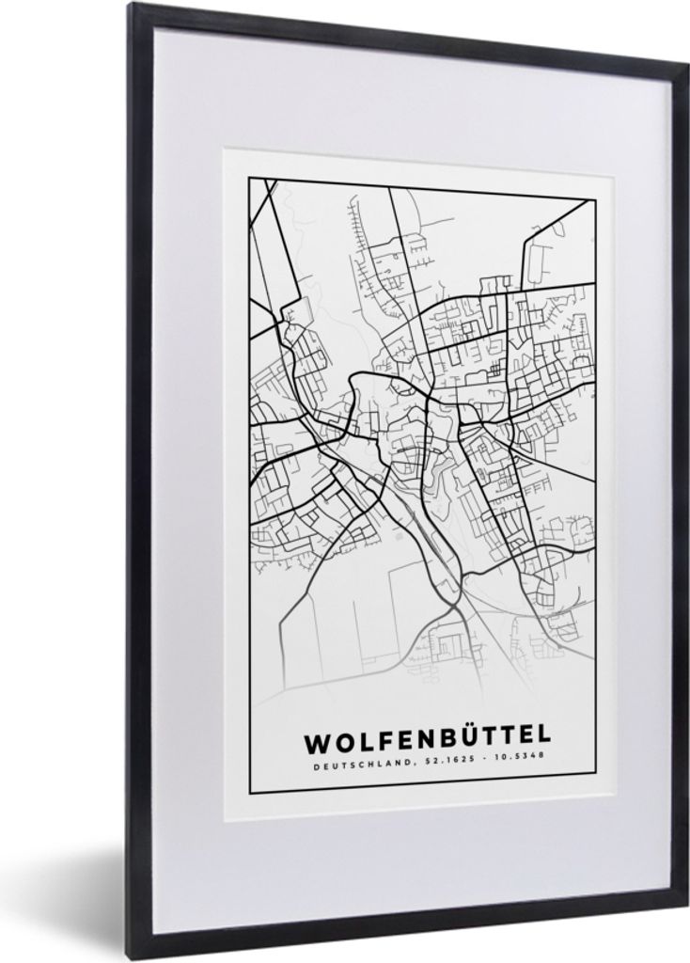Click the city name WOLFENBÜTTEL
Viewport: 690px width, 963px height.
(428, 741)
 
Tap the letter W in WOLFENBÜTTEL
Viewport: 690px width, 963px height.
(316, 741)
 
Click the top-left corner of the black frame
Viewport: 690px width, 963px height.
(132, 6)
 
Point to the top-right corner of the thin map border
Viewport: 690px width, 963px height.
(596, 199)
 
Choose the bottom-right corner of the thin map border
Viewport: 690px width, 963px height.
(596, 777)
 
